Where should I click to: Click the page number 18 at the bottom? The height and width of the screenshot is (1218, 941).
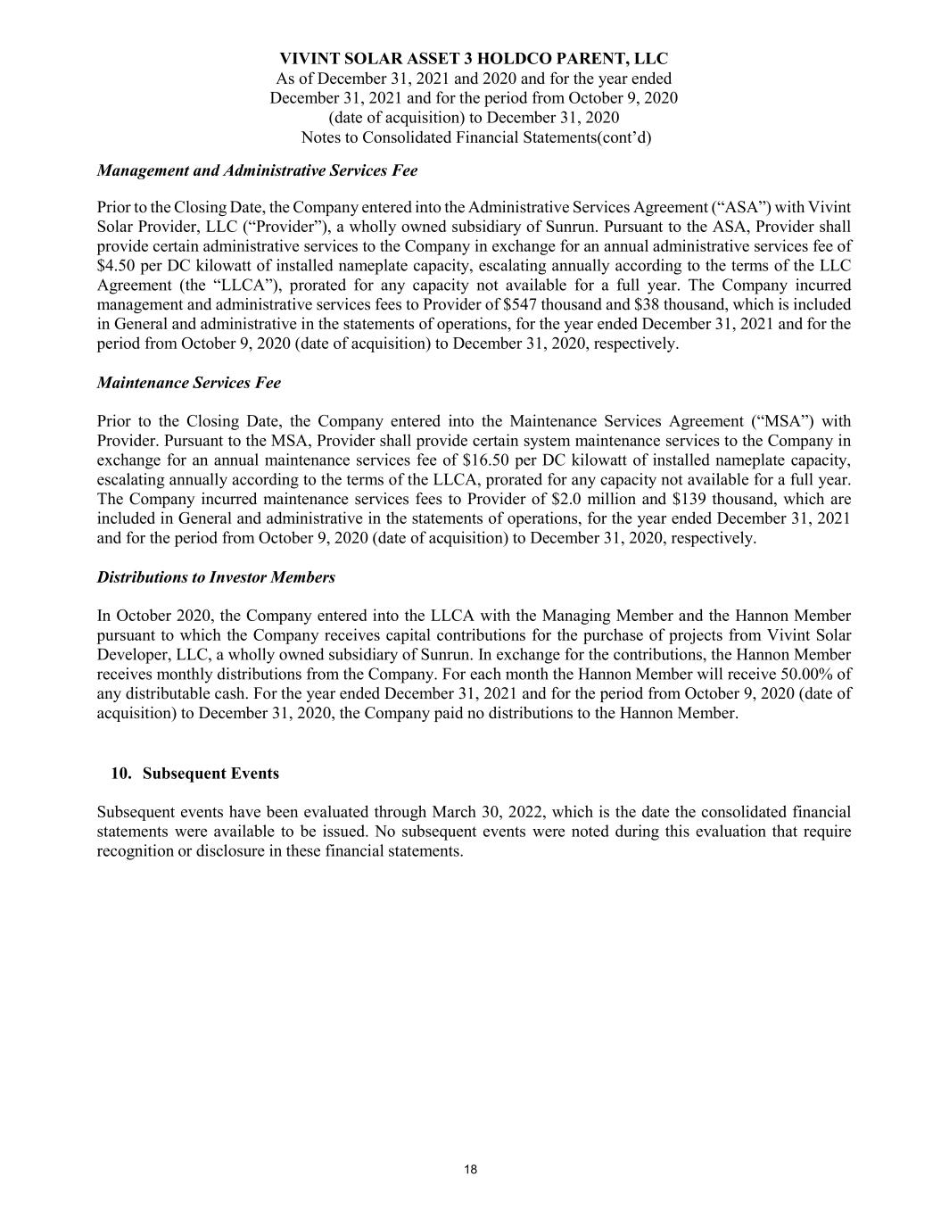(x=470, y=1170)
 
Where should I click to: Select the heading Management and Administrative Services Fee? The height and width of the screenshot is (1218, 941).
(x=257, y=170)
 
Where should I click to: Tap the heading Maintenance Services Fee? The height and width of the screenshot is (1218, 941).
(x=188, y=383)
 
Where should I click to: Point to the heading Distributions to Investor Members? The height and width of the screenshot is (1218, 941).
(x=216, y=577)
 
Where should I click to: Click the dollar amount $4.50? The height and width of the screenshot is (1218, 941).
(x=115, y=266)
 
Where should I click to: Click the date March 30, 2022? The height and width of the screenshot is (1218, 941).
(x=489, y=812)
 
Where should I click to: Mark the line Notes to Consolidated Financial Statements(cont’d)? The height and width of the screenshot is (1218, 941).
(x=475, y=137)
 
